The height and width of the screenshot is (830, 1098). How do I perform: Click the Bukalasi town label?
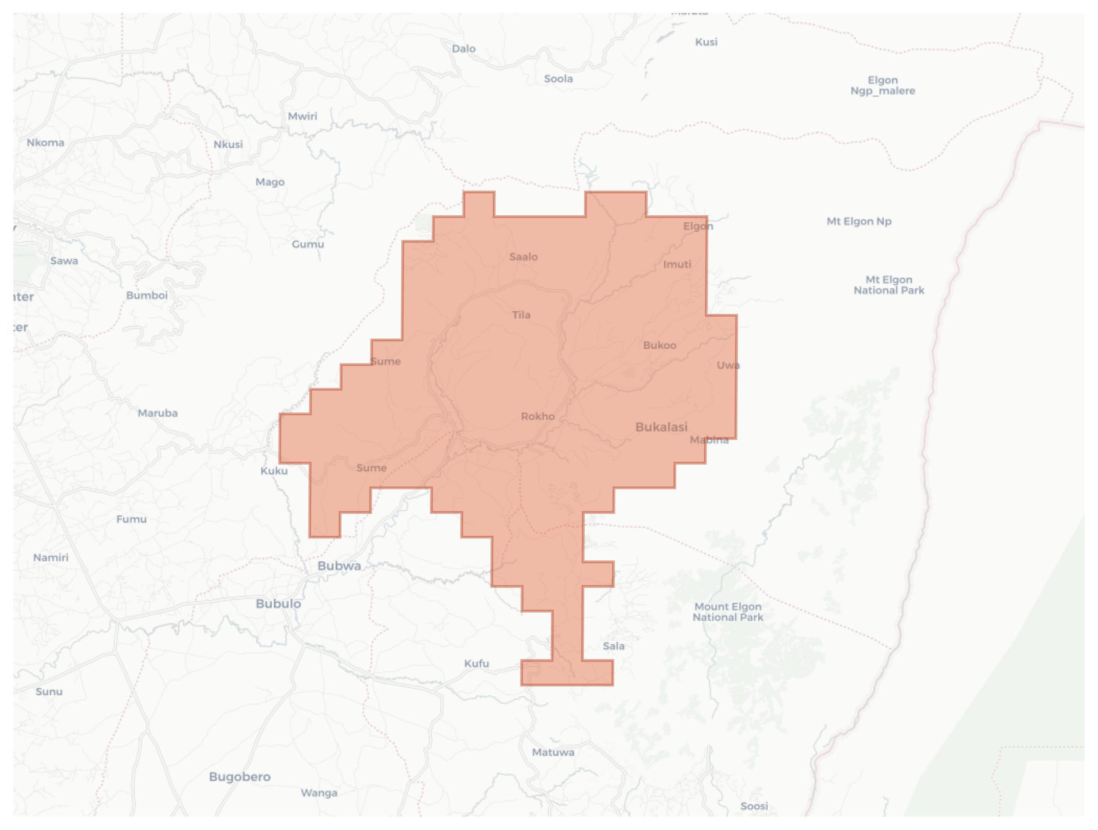pyautogui.click(x=661, y=427)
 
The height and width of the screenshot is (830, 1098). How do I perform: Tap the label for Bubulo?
pyautogui.click(x=279, y=604)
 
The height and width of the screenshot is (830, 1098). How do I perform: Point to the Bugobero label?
pyautogui.click(x=240, y=776)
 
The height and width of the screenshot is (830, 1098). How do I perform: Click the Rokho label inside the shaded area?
pyautogui.click(x=537, y=416)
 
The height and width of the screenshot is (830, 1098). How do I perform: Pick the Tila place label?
pyautogui.click(x=521, y=315)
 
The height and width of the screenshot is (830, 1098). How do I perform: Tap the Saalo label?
pyautogui.click(x=523, y=257)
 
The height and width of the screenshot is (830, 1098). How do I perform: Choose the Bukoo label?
pyautogui.click(x=660, y=345)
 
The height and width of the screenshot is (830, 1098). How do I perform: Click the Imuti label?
pyautogui.click(x=677, y=264)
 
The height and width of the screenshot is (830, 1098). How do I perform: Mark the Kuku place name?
pyautogui.click(x=274, y=471)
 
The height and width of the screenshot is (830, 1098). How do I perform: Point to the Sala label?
pyautogui.click(x=614, y=646)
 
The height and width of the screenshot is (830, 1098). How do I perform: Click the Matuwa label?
pyautogui.click(x=553, y=752)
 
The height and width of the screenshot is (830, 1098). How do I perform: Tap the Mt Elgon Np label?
pyautogui.click(x=859, y=221)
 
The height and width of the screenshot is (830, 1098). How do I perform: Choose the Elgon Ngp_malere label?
pyautogui.click(x=882, y=85)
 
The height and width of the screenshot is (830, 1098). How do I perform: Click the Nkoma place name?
pyautogui.click(x=45, y=142)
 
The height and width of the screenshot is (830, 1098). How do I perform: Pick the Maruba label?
pyautogui.click(x=158, y=413)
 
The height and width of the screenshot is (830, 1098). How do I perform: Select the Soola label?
pyautogui.click(x=558, y=79)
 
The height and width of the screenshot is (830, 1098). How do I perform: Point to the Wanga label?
pyautogui.click(x=319, y=793)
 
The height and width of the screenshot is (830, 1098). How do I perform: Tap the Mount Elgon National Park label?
pyautogui.click(x=728, y=612)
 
